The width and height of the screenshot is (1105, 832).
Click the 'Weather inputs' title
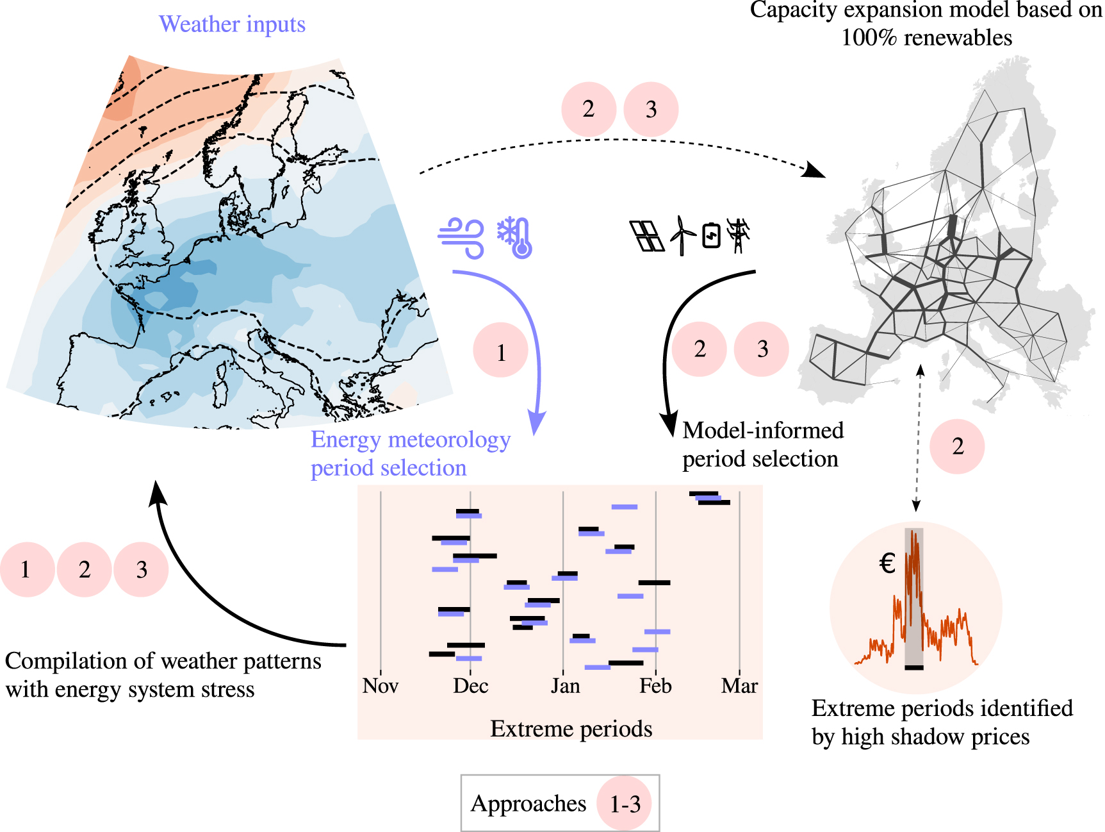tap(232, 24)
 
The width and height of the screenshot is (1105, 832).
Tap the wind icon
tap(461, 238)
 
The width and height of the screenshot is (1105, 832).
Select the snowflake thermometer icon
tap(516, 237)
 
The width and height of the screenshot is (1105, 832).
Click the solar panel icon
tap(646, 236)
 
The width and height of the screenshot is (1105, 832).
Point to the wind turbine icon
tap(682, 235)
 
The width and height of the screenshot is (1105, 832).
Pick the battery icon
tap(712, 235)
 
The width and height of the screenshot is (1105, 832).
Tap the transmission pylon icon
tap(739, 235)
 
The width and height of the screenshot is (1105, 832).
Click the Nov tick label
tap(381, 686)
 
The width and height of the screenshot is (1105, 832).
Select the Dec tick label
tap(471, 686)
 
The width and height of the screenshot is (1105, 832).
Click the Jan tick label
tap(565, 686)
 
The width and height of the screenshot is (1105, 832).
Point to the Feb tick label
tap(655, 686)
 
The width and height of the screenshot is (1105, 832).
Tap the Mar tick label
tap(739, 686)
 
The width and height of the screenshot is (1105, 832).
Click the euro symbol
tap(887, 563)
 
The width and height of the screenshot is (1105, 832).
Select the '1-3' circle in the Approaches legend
tap(625, 803)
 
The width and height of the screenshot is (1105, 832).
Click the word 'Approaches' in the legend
tap(528, 803)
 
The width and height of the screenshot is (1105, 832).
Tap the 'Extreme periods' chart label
tap(571, 729)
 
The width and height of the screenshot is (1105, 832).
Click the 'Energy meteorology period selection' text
tap(410, 454)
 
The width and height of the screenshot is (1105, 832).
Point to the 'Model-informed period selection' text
tap(762, 445)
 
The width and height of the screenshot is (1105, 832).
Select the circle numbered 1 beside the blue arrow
tap(501, 351)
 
